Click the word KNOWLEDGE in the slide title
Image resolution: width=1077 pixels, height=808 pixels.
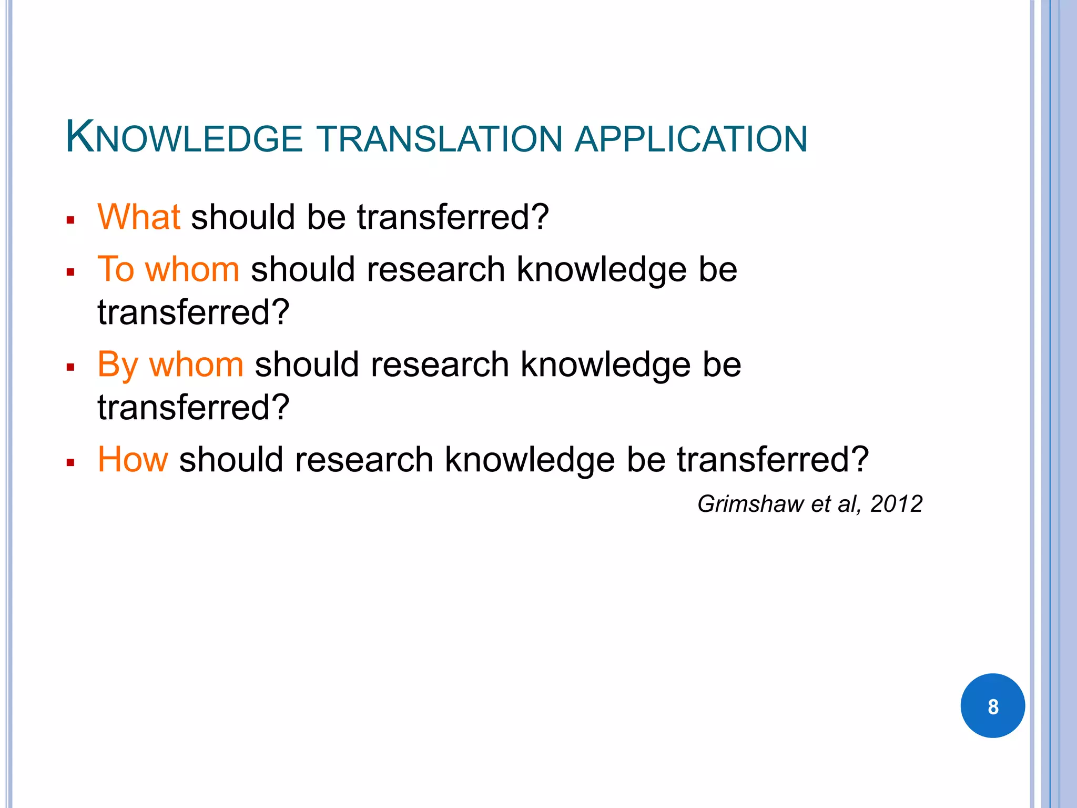pyautogui.click(x=184, y=138)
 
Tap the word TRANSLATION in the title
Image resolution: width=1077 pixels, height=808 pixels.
pyautogui.click(x=441, y=139)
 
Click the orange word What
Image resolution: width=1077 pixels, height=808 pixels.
pyautogui.click(x=139, y=217)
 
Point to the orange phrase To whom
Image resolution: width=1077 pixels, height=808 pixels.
pyautogui.click(x=168, y=269)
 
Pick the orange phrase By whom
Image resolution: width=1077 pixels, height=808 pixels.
pyautogui.click(x=170, y=365)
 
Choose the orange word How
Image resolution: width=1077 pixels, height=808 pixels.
pyautogui.click(x=133, y=460)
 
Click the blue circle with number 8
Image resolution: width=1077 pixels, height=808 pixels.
pyautogui.click(x=992, y=706)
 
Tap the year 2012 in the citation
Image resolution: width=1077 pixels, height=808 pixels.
pyautogui.click(x=896, y=504)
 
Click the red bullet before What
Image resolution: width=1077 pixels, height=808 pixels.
pyautogui.click(x=70, y=220)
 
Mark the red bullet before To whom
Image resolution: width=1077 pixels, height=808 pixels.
pyautogui.click(x=70, y=272)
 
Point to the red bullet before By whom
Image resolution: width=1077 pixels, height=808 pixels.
pyautogui.click(x=70, y=367)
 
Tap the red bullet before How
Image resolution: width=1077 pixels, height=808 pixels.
pyautogui.click(x=70, y=463)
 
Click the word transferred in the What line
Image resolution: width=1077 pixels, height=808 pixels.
pyautogui.click(x=453, y=217)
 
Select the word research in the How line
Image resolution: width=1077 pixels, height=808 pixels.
pyautogui.click(x=364, y=460)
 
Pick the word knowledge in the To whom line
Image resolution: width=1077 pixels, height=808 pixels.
pyautogui.click(x=602, y=269)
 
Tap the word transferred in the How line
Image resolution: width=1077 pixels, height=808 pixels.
pyautogui.click(x=772, y=460)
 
